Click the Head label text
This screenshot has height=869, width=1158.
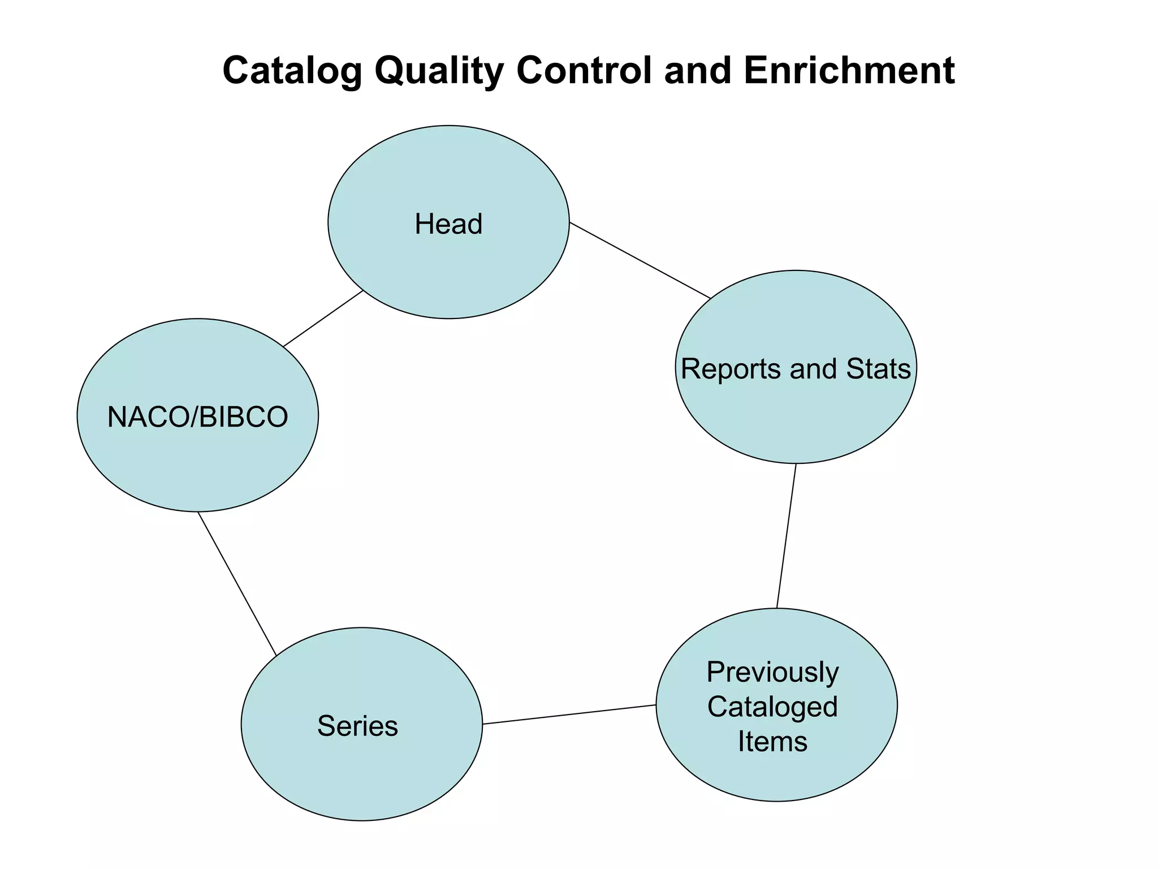(x=448, y=224)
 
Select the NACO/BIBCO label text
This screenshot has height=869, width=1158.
(x=197, y=418)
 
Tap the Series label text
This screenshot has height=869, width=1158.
(x=357, y=726)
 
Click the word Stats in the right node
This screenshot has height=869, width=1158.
(x=878, y=369)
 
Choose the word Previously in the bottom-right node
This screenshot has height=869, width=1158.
(x=772, y=672)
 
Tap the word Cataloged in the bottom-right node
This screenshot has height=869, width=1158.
(x=772, y=707)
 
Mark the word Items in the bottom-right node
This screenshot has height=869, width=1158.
(x=772, y=742)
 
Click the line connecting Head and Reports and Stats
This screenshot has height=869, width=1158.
(x=640, y=260)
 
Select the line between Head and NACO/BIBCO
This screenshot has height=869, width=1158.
(x=323, y=318)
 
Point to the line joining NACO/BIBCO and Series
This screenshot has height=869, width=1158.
(x=237, y=583)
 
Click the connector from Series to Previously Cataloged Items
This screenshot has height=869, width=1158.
(x=569, y=715)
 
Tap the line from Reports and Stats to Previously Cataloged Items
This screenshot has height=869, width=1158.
(x=787, y=536)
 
